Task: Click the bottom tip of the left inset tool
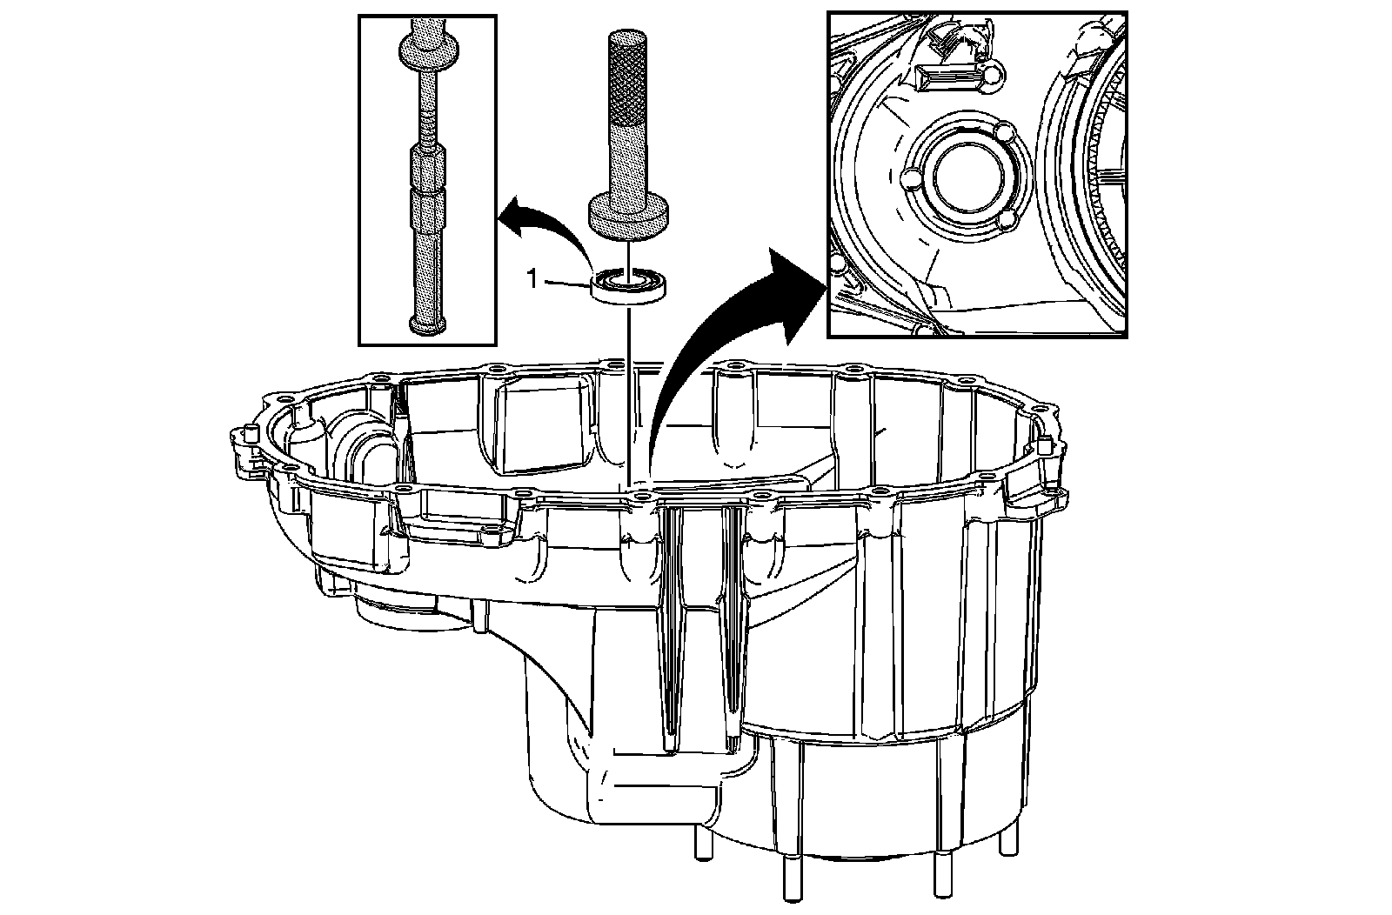[x=427, y=324]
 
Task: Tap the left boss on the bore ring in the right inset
[x=911, y=179]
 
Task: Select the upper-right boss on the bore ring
[x=1003, y=134]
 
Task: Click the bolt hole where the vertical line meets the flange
[x=640, y=495]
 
